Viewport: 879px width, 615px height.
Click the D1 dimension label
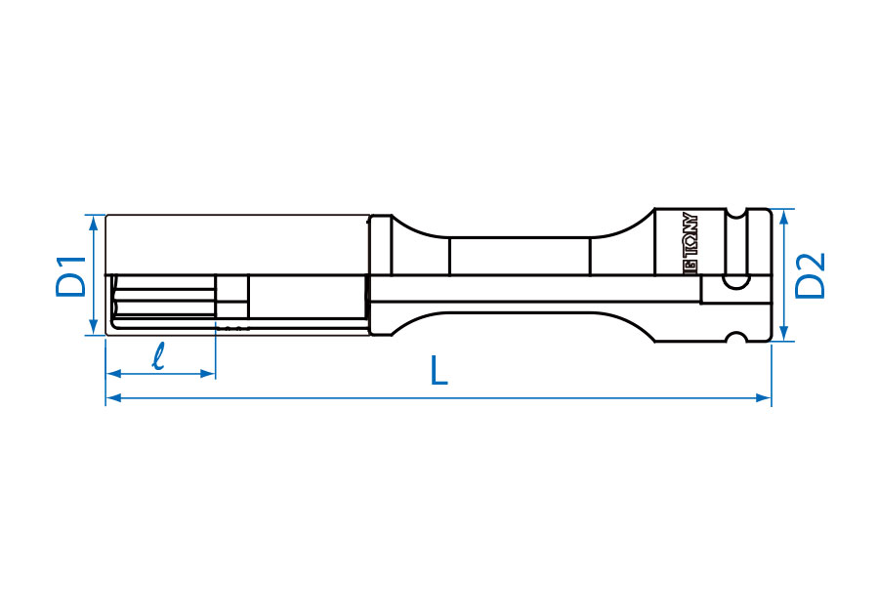(x=71, y=275)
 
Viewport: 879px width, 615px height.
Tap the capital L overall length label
(x=439, y=370)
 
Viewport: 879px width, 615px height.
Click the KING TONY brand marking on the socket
(x=691, y=243)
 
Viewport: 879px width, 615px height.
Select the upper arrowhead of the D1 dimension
(x=94, y=223)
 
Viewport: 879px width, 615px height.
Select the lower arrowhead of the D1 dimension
(x=94, y=327)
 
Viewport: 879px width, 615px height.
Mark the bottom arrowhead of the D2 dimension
(x=784, y=333)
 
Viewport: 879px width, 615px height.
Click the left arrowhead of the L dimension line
(x=114, y=397)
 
